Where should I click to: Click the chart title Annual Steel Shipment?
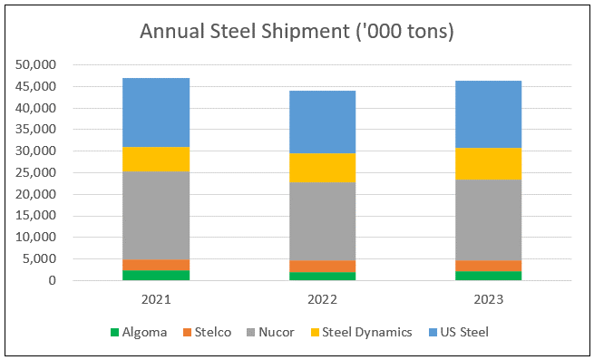point(245,31)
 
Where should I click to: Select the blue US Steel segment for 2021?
point(156,112)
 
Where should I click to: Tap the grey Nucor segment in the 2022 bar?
point(322,221)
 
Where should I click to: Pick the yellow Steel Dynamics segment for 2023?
point(488,164)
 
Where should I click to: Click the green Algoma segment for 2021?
point(156,276)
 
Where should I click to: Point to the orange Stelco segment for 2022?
point(322,267)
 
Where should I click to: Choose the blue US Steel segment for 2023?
point(488,114)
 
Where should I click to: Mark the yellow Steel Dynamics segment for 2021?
point(156,160)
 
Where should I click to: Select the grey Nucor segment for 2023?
point(488,220)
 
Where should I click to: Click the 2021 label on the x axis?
point(156,300)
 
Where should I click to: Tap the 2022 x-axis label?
point(322,300)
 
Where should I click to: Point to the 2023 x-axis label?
point(488,300)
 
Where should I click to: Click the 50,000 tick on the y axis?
point(35,64)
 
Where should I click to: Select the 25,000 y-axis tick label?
point(35,173)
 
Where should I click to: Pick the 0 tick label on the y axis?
point(53,281)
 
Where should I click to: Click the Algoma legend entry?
point(139,332)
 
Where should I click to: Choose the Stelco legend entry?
point(207,332)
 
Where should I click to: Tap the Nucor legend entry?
point(270,332)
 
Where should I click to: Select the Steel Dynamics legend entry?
point(362,332)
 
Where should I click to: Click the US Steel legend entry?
point(458,332)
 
